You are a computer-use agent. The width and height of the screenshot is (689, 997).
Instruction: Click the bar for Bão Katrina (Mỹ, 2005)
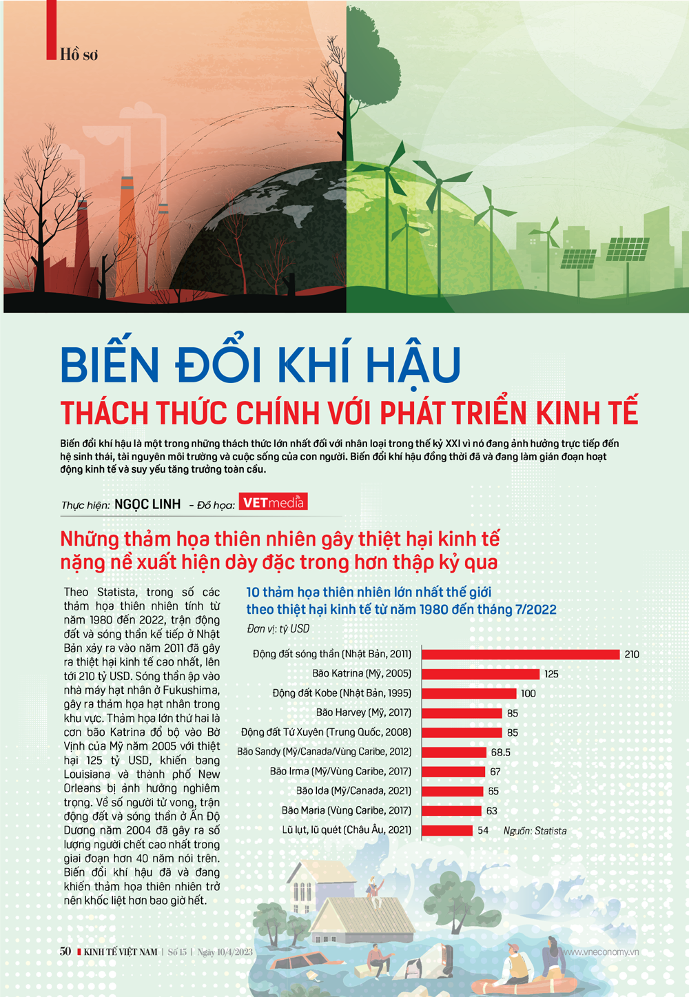pyautogui.click(x=480, y=674)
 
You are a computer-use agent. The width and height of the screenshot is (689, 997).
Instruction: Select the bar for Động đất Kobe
pyautogui.click(x=469, y=693)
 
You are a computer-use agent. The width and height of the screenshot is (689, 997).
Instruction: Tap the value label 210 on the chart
pyautogui.click(x=631, y=655)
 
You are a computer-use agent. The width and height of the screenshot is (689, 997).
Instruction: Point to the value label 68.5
pyautogui.click(x=500, y=752)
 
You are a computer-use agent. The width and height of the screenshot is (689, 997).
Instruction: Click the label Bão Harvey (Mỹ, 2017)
pyautogui.click(x=363, y=712)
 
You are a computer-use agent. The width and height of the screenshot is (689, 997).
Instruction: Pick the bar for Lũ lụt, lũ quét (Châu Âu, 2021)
pyautogui.click(x=447, y=830)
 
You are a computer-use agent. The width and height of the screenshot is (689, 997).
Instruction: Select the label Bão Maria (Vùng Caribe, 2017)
pyautogui.click(x=346, y=810)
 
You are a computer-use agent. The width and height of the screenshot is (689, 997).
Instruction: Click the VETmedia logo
pyautogui.click(x=273, y=502)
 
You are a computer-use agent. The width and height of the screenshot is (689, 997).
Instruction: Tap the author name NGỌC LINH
pyautogui.click(x=147, y=504)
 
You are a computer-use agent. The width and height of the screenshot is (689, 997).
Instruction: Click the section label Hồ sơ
pyautogui.click(x=79, y=54)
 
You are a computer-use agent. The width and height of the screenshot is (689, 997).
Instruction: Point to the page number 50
pyautogui.click(x=65, y=952)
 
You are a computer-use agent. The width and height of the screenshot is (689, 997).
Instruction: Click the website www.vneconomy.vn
pyautogui.click(x=601, y=952)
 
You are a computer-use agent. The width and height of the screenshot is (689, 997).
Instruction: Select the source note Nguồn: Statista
pyautogui.click(x=535, y=831)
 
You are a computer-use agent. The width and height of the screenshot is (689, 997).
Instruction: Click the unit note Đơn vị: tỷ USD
pyautogui.click(x=278, y=629)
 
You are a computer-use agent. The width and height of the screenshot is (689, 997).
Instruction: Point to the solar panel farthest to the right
pyautogui.click(x=627, y=249)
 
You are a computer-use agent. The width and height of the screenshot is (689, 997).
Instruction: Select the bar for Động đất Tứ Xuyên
pyautogui.click(x=462, y=732)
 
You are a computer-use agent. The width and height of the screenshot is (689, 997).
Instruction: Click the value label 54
pyautogui.click(x=483, y=831)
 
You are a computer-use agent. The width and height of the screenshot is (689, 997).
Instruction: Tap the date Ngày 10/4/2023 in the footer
pyautogui.click(x=225, y=952)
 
